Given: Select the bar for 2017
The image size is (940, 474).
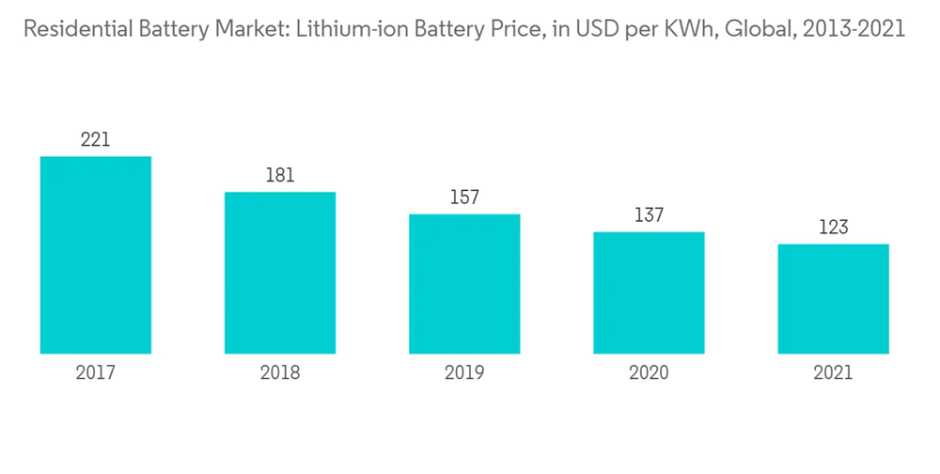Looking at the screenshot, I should coord(96,255).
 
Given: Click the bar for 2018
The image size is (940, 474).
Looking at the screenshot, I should coord(280,273).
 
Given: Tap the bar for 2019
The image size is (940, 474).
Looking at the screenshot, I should coord(464,284).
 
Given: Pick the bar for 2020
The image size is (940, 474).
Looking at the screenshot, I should coord(649,292).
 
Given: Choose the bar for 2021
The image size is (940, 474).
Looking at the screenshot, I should coord(833,299).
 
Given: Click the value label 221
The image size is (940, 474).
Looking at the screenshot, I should coord(96,140).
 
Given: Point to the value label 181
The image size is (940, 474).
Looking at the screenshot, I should coord(280,176).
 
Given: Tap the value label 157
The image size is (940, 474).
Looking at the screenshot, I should coord(464,197).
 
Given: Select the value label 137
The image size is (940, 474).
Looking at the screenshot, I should coord(649,215).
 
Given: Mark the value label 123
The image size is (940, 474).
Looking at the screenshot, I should coord(833,228).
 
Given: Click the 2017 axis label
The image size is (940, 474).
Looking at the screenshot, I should coord(96,373).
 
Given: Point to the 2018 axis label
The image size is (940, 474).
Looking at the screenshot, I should coord(280,373).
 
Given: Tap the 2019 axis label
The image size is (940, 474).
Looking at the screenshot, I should coord(464,373).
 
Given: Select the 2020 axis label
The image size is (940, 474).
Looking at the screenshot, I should coord(649,373).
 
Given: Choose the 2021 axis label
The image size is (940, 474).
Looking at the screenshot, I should coord(833,373).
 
